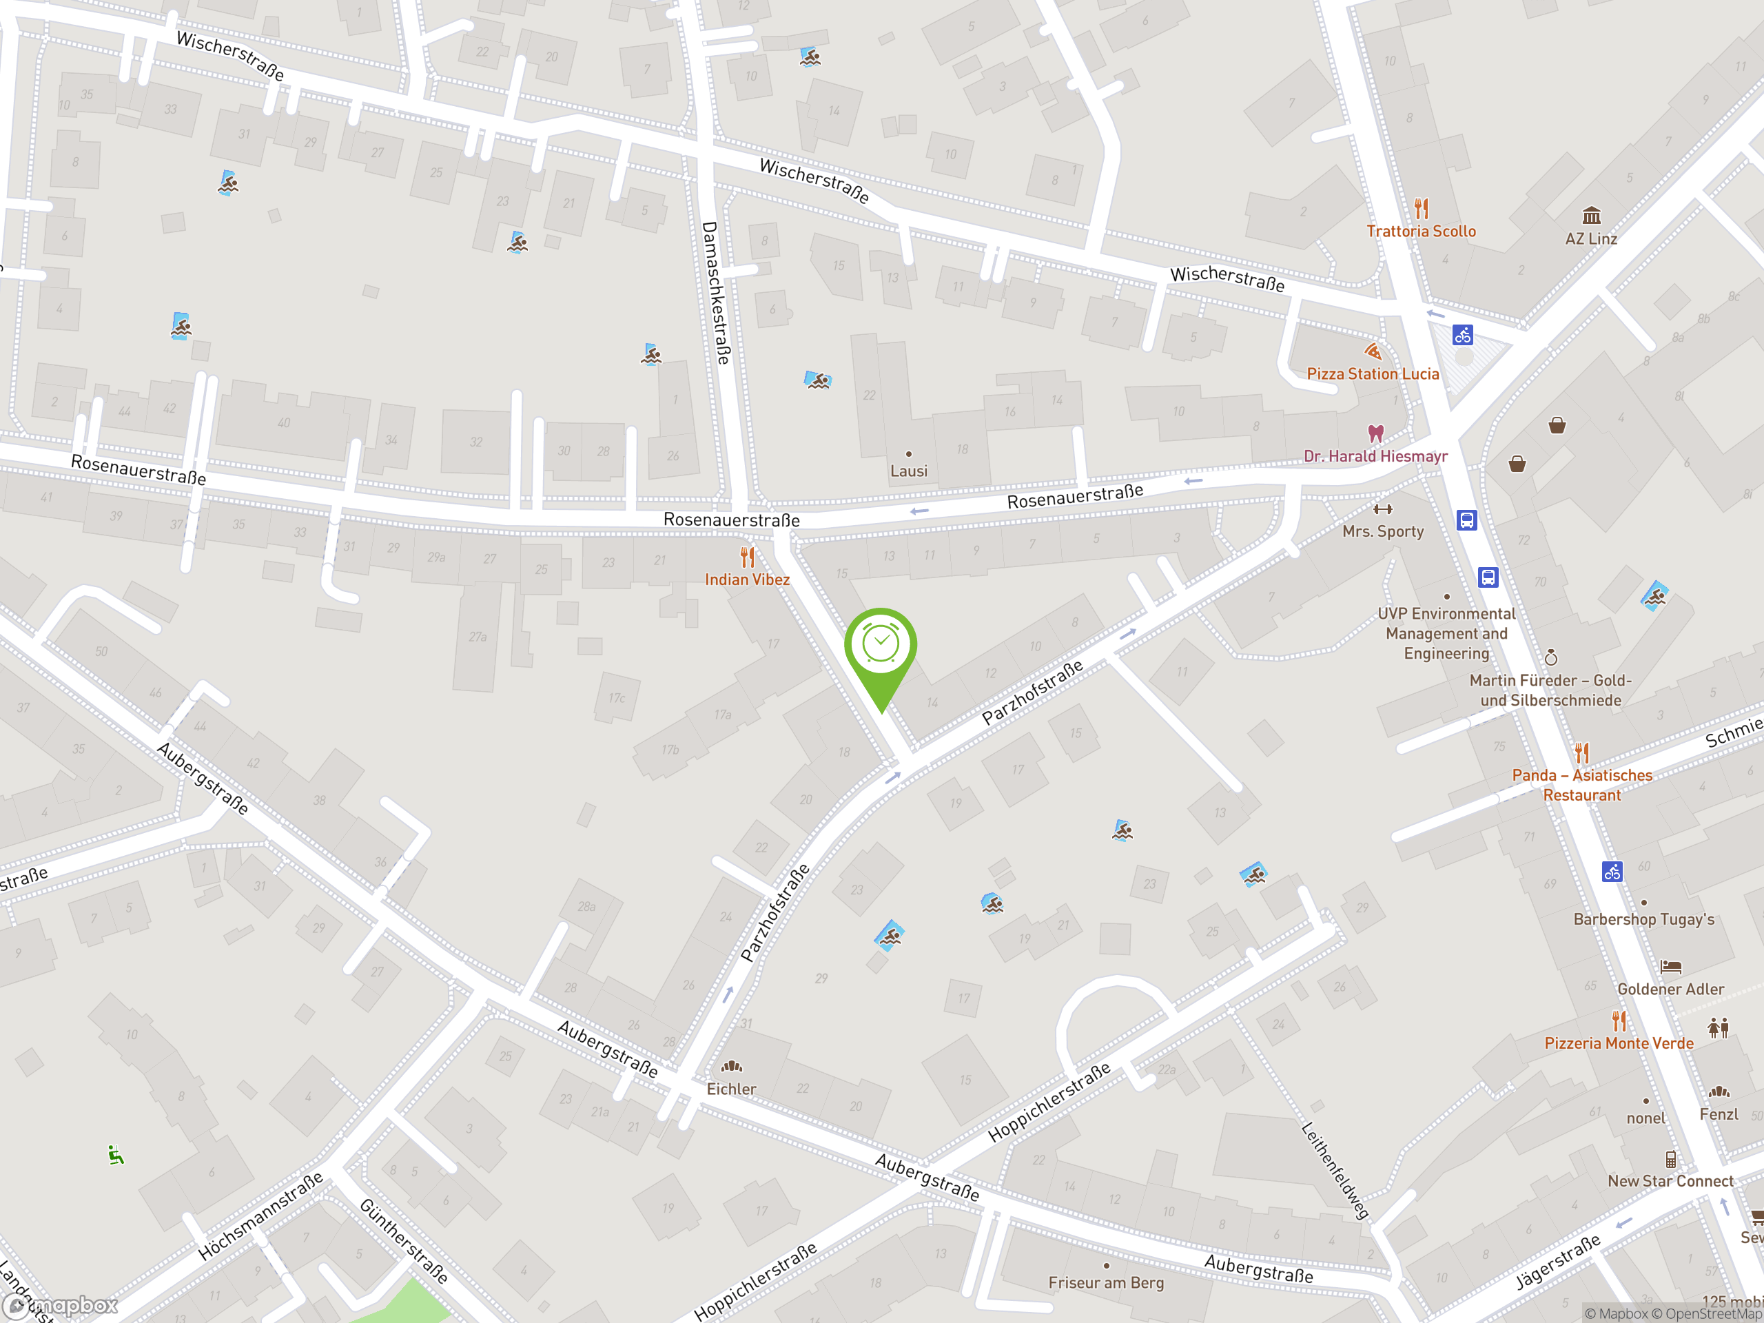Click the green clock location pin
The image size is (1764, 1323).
[881, 646]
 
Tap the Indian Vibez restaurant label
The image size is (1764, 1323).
[747, 580]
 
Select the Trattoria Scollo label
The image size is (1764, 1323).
[1421, 232]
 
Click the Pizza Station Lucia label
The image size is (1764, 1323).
[1373, 374]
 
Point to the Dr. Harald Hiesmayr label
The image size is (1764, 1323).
[1375, 456]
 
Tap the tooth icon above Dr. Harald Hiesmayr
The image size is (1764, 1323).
[1375, 433]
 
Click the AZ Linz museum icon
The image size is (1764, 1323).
[1591, 216]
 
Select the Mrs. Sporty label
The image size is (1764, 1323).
[1383, 531]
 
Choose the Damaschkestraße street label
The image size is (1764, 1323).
[715, 293]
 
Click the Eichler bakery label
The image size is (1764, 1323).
[731, 1089]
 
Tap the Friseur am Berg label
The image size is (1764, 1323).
[1106, 1282]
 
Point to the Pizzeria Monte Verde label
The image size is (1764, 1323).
[1619, 1043]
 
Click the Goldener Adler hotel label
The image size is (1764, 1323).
[1671, 989]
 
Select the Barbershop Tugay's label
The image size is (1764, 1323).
[1643, 919]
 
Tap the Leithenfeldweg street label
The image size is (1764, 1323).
[1335, 1171]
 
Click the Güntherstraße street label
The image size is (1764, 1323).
[404, 1241]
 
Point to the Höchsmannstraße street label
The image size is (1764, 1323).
[260, 1216]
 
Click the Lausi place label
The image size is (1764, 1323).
[908, 471]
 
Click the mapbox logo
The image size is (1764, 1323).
[61, 1306]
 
